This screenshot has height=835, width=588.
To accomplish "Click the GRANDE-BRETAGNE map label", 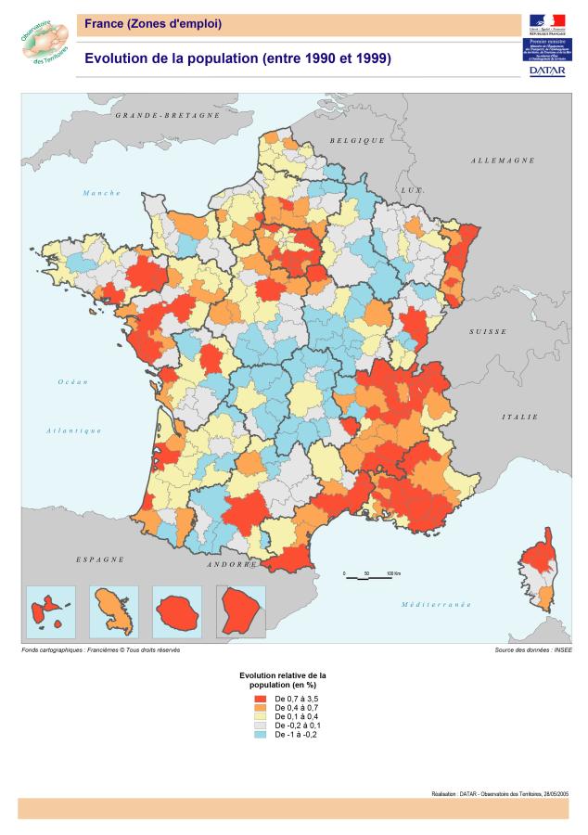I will tap(167, 116).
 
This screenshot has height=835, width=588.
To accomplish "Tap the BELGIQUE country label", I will tap(356, 140).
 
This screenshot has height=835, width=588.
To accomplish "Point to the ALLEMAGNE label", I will tap(503, 161).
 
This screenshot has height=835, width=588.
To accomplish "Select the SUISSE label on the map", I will tap(487, 331).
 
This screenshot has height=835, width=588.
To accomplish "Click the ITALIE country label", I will tap(519, 417).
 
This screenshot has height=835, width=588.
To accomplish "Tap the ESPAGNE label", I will tap(100, 560).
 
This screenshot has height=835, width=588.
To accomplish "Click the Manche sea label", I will tap(102, 193).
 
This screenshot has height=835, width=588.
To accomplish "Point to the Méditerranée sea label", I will tap(436, 604).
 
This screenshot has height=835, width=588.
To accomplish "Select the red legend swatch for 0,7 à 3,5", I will tap(261, 697).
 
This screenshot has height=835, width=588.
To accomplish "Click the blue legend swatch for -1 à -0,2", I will tap(261, 734).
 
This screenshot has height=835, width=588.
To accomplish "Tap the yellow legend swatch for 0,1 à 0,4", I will tap(261, 715).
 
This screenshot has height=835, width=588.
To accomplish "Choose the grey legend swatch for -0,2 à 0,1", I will tap(261, 725).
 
